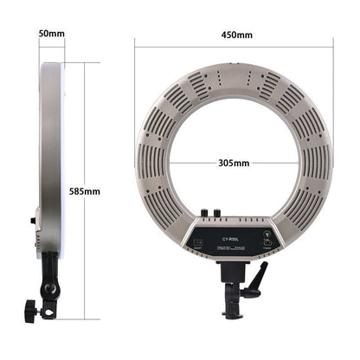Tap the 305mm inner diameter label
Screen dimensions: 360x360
tap(232, 162)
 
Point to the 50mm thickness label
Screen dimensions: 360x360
tap(51, 35)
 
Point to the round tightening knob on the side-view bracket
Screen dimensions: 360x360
tap(31, 308)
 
